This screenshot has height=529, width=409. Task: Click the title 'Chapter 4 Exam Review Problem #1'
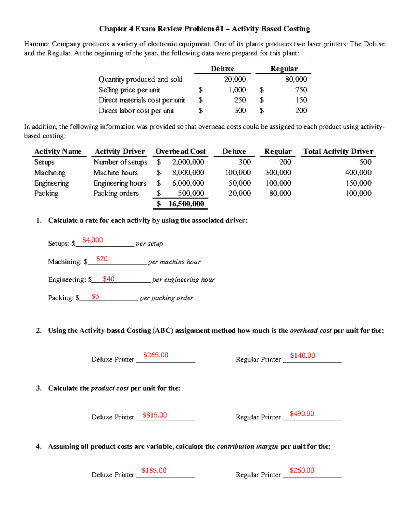pyautogui.click(x=161, y=29)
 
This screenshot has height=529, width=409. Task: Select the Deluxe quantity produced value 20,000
pyautogui.click(x=235, y=79)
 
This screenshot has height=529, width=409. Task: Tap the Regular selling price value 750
pyautogui.click(x=301, y=90)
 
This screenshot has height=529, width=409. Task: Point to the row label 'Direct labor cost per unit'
pyautogui.click(x=136, y=111)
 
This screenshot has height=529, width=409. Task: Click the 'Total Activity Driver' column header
pyautogui.click(x=338, y=152)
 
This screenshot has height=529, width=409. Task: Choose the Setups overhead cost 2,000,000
pyautogui.click(x=188, y=162)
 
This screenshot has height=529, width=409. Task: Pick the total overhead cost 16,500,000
pyautogui.click(x=186, y=204)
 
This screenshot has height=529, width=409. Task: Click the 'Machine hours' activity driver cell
pyautogui.click(x=116, y=173)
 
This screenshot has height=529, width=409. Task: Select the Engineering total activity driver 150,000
pyautogui.click(x=359, y=183)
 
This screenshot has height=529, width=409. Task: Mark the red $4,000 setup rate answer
pyautogui.click(x=92, y=240)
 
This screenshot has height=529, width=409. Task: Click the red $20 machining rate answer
pyautogui.click(x=102, y=259)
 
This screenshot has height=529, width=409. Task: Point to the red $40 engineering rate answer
pyautogui.click(x=109, y=279)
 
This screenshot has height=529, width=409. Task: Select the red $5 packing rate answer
pyautogui.click(x=95, y=296)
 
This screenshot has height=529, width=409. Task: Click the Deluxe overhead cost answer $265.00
pyautogui.click(x=156, y=355)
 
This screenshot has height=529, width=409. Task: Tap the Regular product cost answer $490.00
pyautogui.click(x=302, y=414)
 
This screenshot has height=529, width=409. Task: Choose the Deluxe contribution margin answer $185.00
pyautogui.click(x=154, y=470)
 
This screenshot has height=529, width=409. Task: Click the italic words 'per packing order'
pyautogui.click(x=166, y=298)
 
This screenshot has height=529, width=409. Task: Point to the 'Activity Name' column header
pyautogui.click(x=58, y=152)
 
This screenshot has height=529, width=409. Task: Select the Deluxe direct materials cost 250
pyautogui.click(x=240, y=100)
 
